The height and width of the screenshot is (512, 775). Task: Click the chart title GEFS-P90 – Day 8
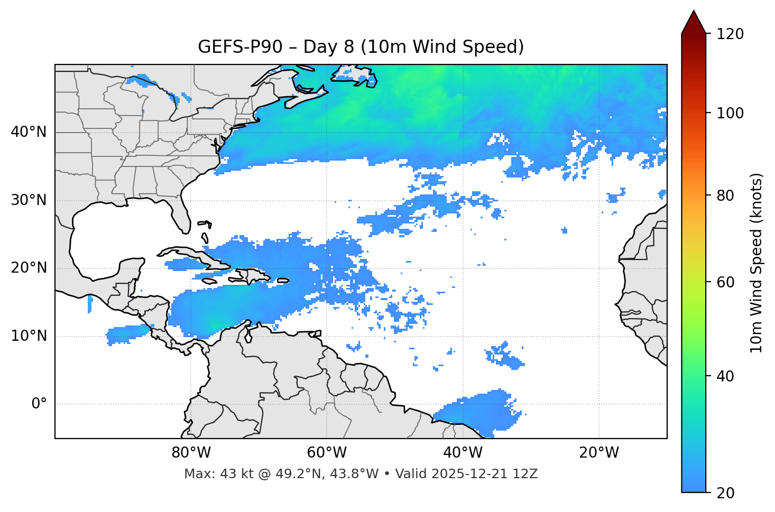[361, 47]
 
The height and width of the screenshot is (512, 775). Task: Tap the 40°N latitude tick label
[29, 132]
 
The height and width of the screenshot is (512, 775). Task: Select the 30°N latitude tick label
[29, 200]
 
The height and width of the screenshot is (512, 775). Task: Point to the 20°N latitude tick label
[29, 268]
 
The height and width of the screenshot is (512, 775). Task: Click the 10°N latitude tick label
[29, 336]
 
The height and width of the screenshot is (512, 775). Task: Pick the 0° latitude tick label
[39, 404]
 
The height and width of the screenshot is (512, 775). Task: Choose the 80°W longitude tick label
[191, 453]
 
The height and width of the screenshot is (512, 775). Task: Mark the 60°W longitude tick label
[327, 453]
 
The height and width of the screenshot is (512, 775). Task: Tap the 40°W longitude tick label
[463, 453]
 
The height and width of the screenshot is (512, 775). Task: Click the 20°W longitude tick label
[598, 453]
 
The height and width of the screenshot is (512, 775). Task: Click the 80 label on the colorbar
[728, 196]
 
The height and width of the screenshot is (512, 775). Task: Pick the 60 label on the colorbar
[728, 282]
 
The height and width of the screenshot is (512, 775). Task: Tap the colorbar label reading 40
[728, 376]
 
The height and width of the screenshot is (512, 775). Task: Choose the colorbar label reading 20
[728, 493]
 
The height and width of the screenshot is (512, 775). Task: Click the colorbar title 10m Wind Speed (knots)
[757, 263]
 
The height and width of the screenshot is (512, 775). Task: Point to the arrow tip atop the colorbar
[694, 11]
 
